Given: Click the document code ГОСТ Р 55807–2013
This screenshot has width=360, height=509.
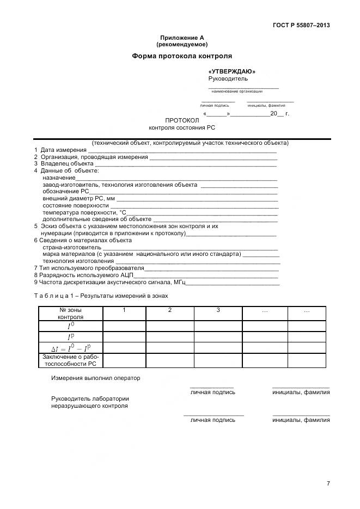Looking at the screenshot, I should (301, 25).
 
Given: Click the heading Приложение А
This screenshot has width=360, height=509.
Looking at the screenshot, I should (182, 38).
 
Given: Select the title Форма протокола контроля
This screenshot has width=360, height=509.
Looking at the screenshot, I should (182, 56).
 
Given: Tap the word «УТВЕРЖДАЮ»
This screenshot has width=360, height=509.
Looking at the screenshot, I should (232, 71).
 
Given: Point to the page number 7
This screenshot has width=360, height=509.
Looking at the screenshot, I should (328, 483).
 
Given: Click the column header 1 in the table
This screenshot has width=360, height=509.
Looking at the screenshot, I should (124, 310).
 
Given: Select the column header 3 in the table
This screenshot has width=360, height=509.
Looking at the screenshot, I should (218, 310).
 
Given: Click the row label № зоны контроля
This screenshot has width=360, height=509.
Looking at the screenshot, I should (70, 313).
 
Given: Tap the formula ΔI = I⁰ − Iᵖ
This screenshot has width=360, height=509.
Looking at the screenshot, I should (70, 348).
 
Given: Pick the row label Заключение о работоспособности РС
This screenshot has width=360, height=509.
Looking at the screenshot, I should (70, 360).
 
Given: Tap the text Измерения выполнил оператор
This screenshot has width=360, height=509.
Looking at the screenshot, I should (96, 378).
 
